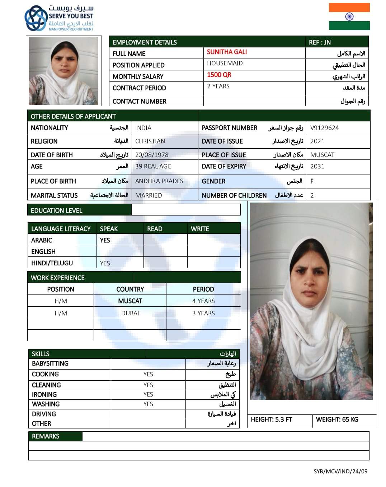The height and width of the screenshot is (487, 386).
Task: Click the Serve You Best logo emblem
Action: click(x=36, y=18)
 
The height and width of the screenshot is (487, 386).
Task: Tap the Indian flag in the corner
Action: click(x=349, y=17)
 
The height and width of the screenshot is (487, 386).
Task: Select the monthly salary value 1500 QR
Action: click(x=219, y=75)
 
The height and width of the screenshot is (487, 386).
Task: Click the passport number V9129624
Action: click(x=324, y=128)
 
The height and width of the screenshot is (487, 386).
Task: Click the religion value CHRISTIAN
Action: click(x=150, y=141)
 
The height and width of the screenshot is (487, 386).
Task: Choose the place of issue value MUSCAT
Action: click(x=322, y=155)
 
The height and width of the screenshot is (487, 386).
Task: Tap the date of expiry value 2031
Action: click(x=317, y=166)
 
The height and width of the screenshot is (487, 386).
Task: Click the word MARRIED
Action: click(x=149, y=195)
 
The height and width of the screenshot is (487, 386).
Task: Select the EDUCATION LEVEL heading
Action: click(x=57, y=210)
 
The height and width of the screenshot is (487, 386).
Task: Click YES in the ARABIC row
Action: click(x=105, y=240)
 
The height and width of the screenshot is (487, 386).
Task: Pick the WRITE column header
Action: click(x=200, y=229)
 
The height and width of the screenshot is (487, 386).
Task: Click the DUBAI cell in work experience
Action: click(x=130, y=313)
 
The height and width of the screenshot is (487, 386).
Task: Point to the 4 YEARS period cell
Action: click(x=203, y=301)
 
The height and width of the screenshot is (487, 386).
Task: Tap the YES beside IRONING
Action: click(x=148, y=394)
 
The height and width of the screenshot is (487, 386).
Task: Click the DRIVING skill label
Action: click(x=44, y=414)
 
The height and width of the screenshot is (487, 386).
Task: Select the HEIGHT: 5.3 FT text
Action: click(x=272, y=419)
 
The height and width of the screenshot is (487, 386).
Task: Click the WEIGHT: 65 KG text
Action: click(x=337, y=419)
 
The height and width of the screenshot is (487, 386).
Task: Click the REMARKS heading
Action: click(x=46, y=436)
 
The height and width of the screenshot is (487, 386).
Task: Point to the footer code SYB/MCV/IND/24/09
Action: click(x=340, y=471)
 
